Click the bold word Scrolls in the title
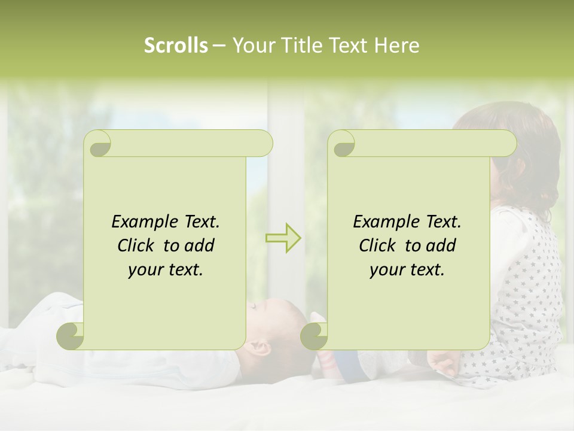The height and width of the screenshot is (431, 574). coord(176,45)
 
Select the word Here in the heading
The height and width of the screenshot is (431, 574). coord(397,45)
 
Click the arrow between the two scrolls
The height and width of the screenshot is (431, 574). coord(283,238)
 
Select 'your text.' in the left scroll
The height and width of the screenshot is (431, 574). coord(166,270)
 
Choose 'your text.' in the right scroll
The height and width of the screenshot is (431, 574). coord(407,270)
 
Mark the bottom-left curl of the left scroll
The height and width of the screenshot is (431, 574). coord(71,336)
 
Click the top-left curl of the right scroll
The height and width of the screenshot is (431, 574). coord(343,144)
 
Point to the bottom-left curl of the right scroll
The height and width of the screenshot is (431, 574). coord(314,336)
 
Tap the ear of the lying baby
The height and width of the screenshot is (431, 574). coord(261,346)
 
